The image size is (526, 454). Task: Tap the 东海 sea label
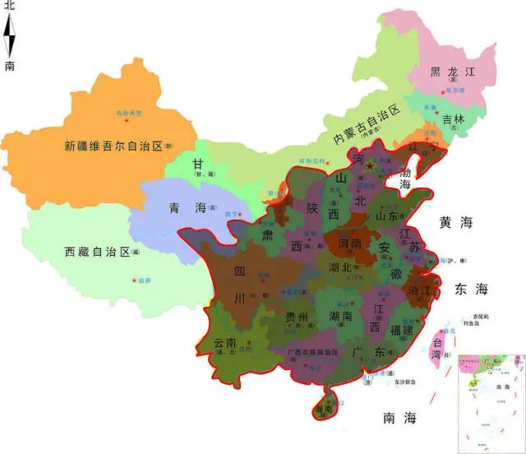470,290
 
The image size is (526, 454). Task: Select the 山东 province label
386,215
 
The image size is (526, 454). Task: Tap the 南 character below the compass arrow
10,67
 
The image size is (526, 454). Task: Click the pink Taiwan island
441,343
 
